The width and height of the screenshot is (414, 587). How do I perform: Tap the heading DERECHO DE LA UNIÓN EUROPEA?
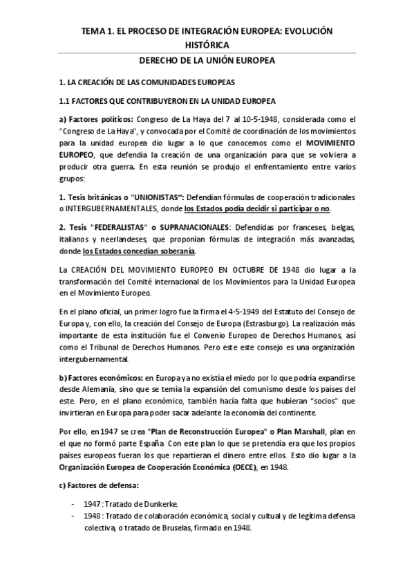[207, 60]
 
